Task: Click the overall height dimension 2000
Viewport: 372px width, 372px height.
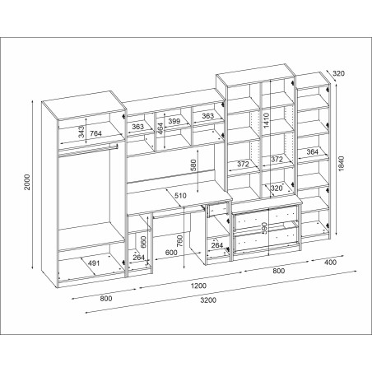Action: pyautogui.click(x=27, y=182)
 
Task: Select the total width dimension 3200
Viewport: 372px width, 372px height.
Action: pyautogui.click(x=208, y=300)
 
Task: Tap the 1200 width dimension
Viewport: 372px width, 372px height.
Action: pyautogui.click(x=198, y=286)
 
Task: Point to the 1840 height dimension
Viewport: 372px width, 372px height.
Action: pyautogui.click(x=341, y=164)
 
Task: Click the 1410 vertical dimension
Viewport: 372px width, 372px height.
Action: pyautogui.click(x=266, y=120)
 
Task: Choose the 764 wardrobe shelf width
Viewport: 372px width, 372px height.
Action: pyautogui.click(x=95, y=133)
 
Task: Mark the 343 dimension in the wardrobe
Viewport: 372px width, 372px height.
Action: pyautogui.click(x=81, y=132)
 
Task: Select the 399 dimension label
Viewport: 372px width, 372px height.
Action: pyautogui.click(x=174, y=121)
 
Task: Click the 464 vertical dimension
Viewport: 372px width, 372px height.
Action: pyautogui.click(x=160, y=128)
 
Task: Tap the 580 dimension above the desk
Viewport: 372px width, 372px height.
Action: pyautogui.click(x=193, y=165)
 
